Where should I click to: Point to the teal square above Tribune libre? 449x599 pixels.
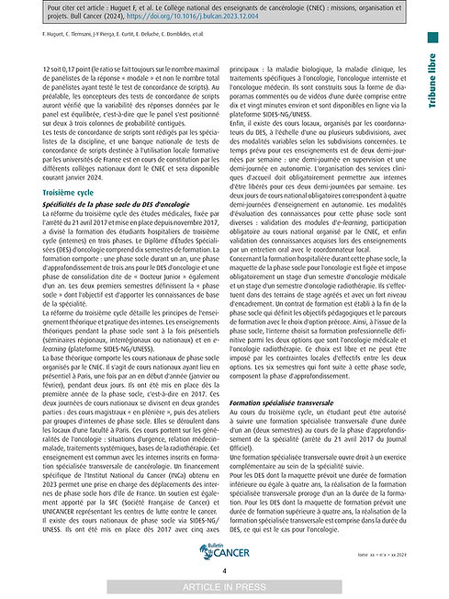coord(432,38)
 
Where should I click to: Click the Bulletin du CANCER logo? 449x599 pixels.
coord(224,550)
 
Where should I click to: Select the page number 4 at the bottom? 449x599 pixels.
coord(224,571)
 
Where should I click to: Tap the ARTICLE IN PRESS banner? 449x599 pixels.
coord(224,587)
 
